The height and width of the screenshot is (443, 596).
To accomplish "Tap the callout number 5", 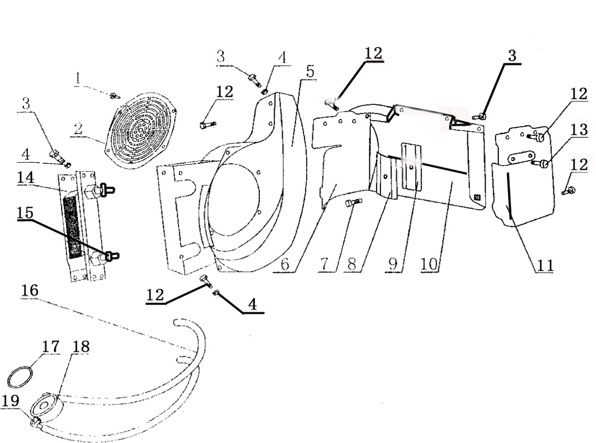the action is [x=310, y=71].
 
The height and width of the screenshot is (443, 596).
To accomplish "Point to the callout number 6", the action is [x=285, y=264].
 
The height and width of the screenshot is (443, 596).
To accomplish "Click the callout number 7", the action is [x=324, y=264].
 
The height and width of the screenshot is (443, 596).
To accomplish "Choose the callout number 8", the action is [x=352, y=264].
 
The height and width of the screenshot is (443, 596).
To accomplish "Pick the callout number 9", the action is [x=393, y=264].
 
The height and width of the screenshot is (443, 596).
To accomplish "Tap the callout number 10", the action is [x=429, y=264].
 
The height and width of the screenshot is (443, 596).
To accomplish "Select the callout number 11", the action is [x=545, y=265].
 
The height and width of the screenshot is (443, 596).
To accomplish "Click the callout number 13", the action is [x=579, y=129].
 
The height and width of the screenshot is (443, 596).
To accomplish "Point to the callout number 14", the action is [x=26, y=178].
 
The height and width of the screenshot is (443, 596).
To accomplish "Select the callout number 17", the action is [x=51, y=346].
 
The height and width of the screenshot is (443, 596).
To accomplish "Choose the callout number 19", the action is [x=11, y=401].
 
